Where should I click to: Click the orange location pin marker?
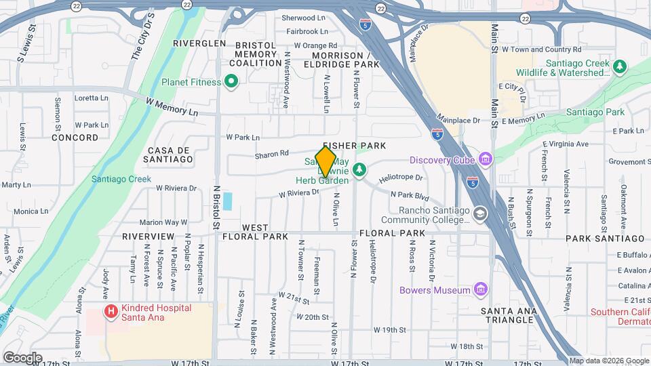click(326, 161)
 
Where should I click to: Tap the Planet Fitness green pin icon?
click(231, 83)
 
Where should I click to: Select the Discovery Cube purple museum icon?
click(485, 160)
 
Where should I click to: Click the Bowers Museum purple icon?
click(481, 290)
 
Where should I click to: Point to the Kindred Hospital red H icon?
click(109, 312)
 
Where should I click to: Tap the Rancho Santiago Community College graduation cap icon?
click(481, 214)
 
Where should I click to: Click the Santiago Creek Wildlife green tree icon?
click(618, 67)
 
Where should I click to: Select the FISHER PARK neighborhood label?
click(354, 146)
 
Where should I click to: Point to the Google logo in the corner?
click(22, 357)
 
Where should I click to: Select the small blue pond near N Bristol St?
click(227, 201)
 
